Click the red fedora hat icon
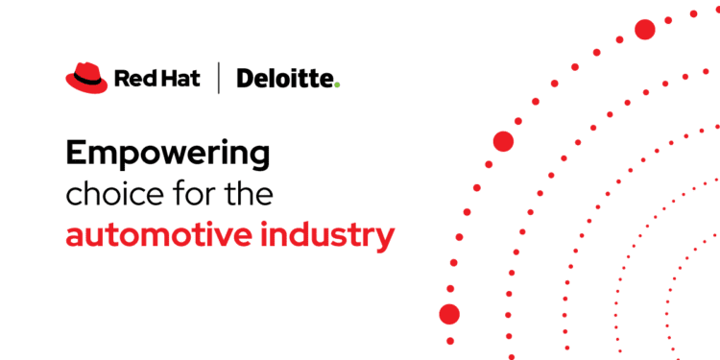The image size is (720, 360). (84, 77)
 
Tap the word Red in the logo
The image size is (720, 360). (132, 78)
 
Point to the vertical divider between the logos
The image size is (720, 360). (219, 78)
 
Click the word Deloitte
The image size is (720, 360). (285, 78)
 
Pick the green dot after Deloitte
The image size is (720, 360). (337, 84)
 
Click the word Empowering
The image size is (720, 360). (168, 153)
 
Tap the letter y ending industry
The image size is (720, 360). (384, 240)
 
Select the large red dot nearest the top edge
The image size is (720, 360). (645, 30)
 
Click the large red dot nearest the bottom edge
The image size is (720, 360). (449, 314)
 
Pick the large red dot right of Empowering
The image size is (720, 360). (503, 141)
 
